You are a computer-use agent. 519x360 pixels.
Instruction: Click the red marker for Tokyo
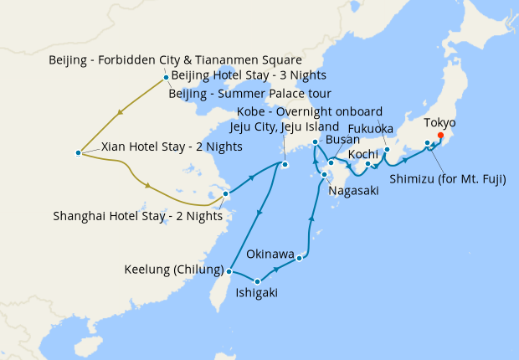click(440, 136)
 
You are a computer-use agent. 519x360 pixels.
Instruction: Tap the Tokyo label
click(439, 123)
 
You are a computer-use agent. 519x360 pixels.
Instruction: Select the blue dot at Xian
click(78, 152)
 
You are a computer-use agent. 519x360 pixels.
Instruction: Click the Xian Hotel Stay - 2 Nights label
click(172, 147)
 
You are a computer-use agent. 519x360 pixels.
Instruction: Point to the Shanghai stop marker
click(225, 194)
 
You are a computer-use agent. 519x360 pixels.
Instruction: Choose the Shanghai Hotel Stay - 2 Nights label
click(137, 215)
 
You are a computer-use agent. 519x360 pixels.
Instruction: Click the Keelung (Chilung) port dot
click(229, 271)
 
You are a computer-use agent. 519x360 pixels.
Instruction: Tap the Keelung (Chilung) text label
click(173, 271)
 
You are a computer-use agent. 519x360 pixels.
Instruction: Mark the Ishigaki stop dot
click(258, 281)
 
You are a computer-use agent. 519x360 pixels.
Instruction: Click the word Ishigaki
click(257, 293)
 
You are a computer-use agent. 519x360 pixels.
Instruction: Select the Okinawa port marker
click(299, 257)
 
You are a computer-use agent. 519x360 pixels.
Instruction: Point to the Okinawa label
click(270, 254)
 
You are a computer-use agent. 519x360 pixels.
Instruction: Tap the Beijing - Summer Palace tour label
click(250, 93)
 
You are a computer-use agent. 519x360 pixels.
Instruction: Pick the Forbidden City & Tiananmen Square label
click(175, 60)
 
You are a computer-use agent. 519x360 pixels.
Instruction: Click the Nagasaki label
click(354, 191)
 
